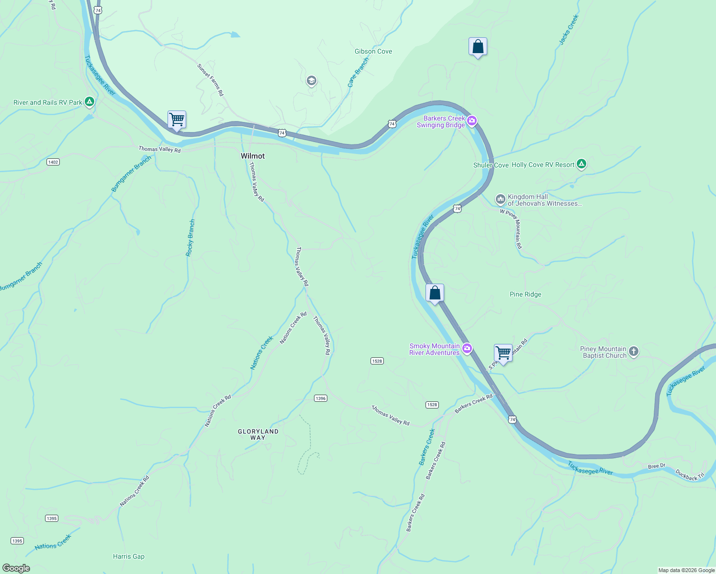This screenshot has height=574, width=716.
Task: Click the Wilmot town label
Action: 253,156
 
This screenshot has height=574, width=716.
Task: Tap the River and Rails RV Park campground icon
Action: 89,102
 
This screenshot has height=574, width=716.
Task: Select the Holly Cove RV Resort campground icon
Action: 582,164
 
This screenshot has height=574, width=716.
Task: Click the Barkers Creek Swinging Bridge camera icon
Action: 472,121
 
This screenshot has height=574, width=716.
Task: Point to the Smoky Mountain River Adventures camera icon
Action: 467,349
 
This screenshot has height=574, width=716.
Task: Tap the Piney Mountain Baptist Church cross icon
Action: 634,352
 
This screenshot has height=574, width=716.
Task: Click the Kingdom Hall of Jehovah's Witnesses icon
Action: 500,199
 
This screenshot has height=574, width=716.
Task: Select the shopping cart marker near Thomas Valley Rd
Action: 177,119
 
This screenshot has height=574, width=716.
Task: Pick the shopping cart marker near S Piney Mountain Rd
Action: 503,353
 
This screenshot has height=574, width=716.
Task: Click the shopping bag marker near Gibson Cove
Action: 478,46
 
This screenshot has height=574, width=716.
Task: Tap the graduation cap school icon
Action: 311,80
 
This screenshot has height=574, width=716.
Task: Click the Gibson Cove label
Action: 373,51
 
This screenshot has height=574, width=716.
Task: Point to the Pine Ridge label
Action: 526,294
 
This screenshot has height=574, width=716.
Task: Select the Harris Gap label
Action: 129,556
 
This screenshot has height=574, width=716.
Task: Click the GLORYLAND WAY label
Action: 258,434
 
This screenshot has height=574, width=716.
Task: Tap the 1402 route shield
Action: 53,162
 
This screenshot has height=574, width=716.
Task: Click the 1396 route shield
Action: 321,398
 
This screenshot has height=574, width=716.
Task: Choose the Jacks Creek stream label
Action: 569,30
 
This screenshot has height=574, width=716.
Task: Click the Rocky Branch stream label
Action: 190,238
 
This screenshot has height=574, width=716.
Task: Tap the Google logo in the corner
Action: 16,568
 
